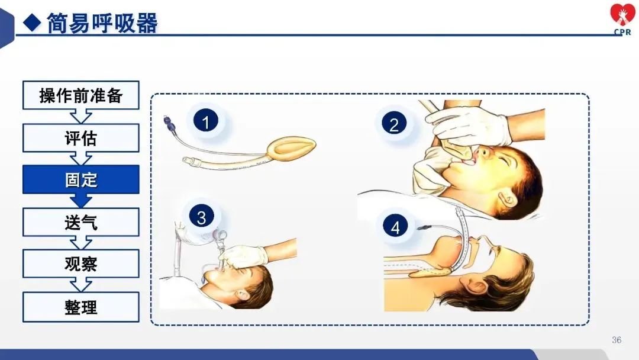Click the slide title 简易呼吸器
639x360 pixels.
[102, 23]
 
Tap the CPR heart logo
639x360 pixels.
[622, 19]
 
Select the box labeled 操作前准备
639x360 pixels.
[80, 95]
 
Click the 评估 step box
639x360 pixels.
[80, 138]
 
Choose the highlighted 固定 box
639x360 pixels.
[80, 179]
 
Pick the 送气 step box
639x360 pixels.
[80, 222]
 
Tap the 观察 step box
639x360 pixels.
[80, 263]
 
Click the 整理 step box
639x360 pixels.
[80, 307]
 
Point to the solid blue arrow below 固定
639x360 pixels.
[80, 200]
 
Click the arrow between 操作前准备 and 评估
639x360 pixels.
[80, 117]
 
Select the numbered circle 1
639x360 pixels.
[205, 121]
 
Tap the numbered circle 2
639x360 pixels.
[393, 124]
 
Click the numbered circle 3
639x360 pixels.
[201, 217]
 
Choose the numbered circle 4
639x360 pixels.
[395, 227]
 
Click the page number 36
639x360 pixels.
[617, 340]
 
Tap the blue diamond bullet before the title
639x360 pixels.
[32, 22]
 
